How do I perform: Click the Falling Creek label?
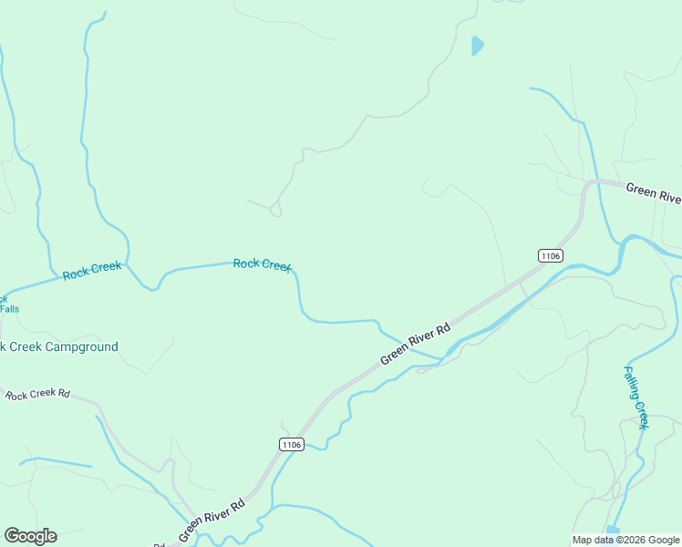click(x=636, y=397)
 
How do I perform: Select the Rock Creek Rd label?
click(x=37, y=395)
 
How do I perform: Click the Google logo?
click(x=30, y=536)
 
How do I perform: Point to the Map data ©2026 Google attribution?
click(x=625, y=540)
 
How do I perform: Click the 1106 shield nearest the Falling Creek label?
click(x=550, y=256)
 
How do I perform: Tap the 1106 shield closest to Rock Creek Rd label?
click(x=291, y=444)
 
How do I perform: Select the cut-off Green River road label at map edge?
click(x=653, y=194)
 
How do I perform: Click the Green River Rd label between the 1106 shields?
click(x=416, y=345)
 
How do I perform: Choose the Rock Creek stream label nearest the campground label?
click(x=91, y=271)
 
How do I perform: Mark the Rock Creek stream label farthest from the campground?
click(x=262, y=264)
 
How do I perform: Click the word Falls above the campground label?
click(x=9, y=309)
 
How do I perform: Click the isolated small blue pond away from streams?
click(x=477, y=45)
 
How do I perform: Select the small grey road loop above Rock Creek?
click(x=275, y=212)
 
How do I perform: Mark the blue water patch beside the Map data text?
click(x=613, y=530)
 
